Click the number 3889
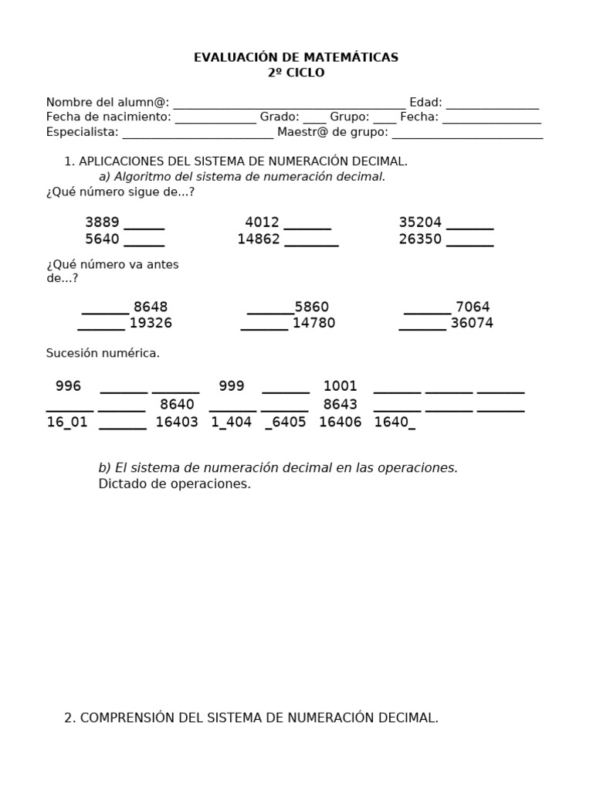pyautogui.click(x=102, y=222)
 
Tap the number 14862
pyautogui.click(x=259, y=239)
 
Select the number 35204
pyautogui.click(x=420, y=222)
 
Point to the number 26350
pyautogui.click(x=420, y=239)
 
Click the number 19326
pyautogui.click(x=151, y=323)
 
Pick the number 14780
pyautogui.click(x=313, y=323)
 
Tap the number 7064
pyautogui.click(x=473, y=307)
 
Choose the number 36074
pyautogui.click(x=472, y=323)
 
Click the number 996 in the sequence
pyautogui.click(x=68, y=386)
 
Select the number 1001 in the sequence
pyautogui.click(x=340, y=386)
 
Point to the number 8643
pyautogui.click(x=340, y=405)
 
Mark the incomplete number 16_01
pyautogui.click(x=67, y=423)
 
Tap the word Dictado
pyautogui.click(x=122, y=484)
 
